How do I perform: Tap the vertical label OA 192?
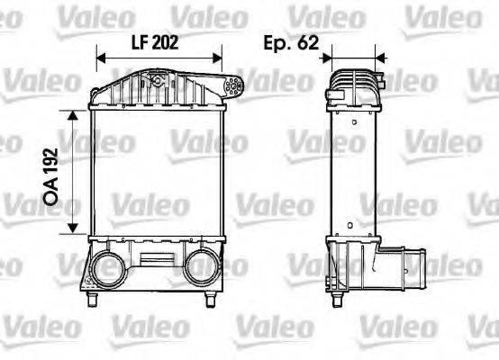51,171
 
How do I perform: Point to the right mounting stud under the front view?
214,295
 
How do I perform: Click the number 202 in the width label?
169,42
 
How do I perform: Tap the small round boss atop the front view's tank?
158,80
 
